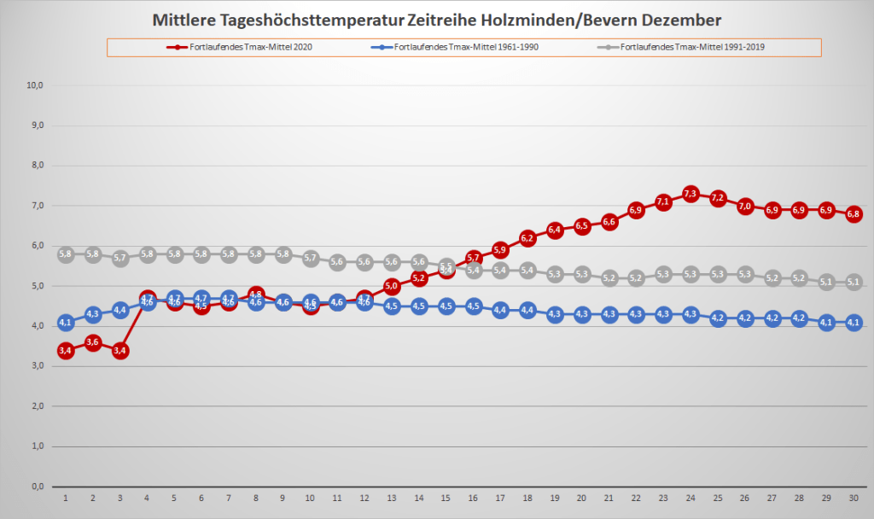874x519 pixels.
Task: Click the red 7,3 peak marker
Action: click(x=690, y=194)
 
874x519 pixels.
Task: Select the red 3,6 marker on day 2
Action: click(x=93, y=342)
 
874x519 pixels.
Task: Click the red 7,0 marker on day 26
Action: click(x=745, y=206)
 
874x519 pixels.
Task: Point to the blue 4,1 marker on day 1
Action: click(x=66, y=323)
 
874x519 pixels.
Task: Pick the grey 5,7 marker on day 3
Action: click(x=120, y=258)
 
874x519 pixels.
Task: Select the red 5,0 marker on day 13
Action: click(x=392, y=286)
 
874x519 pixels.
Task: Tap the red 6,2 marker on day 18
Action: click(x=527, y=237)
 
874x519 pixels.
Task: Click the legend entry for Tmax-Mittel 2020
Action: click(x=242, y=47)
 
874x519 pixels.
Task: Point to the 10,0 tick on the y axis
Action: click(x=36, y=85)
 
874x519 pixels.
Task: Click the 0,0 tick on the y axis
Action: click(x=38, y=487)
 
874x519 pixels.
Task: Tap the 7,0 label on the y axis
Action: click(x=38, y=206)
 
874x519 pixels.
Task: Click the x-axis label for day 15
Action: click(x=446, y=498)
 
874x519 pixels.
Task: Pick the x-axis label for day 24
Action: click(x=690, y=498)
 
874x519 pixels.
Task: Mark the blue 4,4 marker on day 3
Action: click(x=120, y=310)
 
